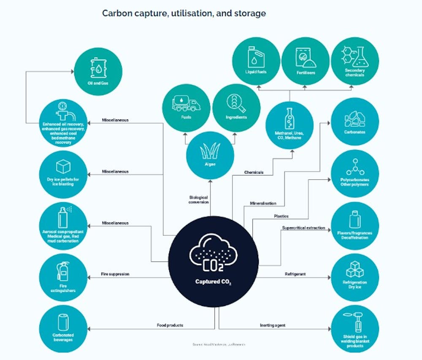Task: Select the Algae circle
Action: point(210,154)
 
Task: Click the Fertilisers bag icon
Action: point(305,59)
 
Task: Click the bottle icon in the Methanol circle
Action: point(289,119)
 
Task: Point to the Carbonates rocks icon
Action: point(355,119)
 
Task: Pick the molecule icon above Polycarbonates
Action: point(355,166)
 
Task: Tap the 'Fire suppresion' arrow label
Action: point(115,274)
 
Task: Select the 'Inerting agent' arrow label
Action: point(273,325)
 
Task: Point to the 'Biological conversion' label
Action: point(198,199)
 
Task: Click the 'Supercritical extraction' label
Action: point(303,228)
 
